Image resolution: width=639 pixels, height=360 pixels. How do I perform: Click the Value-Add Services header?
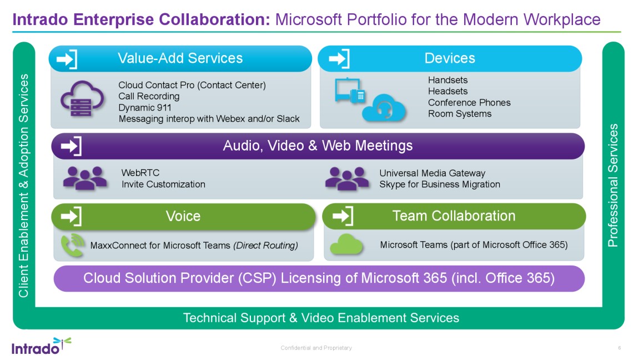pos(180,58)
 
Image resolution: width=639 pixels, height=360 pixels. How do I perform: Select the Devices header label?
pos(450,58)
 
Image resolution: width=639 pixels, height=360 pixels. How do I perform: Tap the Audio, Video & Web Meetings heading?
pos(318,146)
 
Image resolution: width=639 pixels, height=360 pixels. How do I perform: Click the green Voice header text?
pos(183,216)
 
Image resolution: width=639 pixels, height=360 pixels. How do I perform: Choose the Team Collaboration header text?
pos(454,216)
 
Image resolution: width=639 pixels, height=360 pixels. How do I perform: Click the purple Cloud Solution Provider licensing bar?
pos(319,278)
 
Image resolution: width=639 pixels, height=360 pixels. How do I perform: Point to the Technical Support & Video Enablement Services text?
pos(321,318)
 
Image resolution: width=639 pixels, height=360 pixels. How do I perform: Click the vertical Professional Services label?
pos(613,186)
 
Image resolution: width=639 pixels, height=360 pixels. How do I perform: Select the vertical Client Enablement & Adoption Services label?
pos(23,186)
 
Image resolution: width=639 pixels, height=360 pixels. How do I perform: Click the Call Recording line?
pos(149,96)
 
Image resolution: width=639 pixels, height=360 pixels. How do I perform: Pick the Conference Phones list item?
pos(469,102)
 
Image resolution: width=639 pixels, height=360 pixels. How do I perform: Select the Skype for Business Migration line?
pos(440,184)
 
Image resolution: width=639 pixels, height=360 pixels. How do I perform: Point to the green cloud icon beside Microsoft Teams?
pos(346,244)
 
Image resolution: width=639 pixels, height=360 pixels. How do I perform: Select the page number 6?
pos(619,348)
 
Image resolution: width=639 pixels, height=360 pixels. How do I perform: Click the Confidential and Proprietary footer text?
pos(316,348)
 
